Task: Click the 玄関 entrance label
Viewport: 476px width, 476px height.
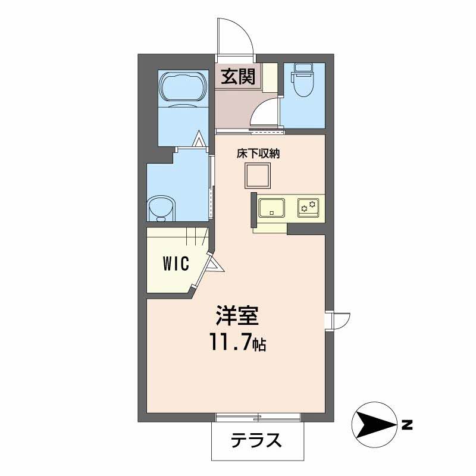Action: [240, 77]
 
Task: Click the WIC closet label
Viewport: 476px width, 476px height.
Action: [176, 263]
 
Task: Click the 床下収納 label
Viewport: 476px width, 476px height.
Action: [258, 153]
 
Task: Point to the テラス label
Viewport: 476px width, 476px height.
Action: [256, 441]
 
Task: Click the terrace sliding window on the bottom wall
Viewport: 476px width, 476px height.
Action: [258, 415]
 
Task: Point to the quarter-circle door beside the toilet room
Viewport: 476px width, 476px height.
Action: [265, 113]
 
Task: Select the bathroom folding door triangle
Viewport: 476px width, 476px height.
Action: [199, 140]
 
